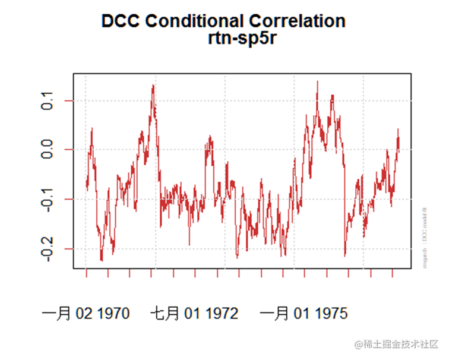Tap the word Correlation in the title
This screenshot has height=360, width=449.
click(297, 21)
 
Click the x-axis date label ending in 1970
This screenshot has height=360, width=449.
click(86, 313)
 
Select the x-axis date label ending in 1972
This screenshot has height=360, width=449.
click(194, 313)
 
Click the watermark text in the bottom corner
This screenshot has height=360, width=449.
click(396, 344)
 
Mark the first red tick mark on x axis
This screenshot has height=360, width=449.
click(86, 274)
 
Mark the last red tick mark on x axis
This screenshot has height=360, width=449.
click(392, 274)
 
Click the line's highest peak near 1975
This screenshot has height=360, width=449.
click(317, 82)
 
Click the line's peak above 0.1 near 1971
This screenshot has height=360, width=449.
click(153, 86)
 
